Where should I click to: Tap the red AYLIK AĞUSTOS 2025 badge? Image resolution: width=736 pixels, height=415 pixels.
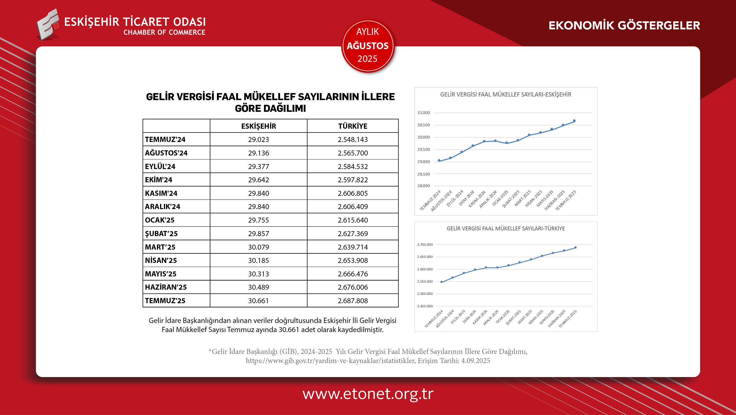368,46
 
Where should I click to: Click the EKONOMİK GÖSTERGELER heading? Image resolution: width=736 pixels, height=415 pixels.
624,25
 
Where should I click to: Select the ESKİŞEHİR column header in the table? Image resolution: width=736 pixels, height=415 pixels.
258,126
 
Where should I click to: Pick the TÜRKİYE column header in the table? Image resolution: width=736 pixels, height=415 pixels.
353,126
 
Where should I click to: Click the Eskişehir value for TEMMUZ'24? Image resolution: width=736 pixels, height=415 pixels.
258,140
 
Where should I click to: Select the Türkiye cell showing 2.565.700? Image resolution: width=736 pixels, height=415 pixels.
353,153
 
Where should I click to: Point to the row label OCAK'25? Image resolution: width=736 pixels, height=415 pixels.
160,220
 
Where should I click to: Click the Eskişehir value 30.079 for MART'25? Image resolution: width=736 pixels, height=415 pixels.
258,247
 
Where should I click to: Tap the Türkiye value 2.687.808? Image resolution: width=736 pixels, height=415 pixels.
353,301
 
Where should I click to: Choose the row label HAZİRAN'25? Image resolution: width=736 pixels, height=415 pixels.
166,287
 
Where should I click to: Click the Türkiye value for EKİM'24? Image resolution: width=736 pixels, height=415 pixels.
353,180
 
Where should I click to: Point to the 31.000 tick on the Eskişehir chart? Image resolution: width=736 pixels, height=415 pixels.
423,113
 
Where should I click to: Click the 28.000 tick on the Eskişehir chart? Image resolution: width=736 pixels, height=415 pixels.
423,186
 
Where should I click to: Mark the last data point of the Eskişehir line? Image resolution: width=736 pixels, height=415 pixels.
574,121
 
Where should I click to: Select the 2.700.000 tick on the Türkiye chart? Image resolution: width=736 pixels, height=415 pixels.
425,244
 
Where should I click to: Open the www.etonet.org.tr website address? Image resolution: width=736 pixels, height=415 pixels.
368,394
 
